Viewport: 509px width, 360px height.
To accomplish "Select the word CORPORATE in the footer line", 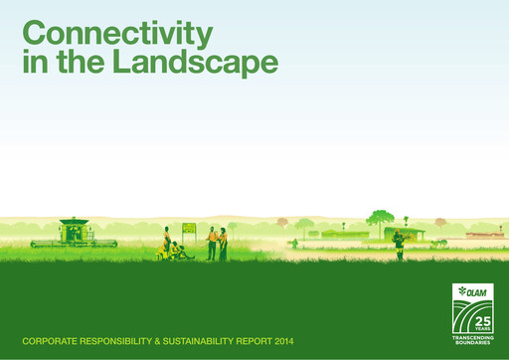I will (x=56, y=341).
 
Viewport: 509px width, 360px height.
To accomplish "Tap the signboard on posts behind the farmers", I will (x=189, y=230).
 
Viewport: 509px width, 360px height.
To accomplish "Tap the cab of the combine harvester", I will (x=74, y=228).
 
